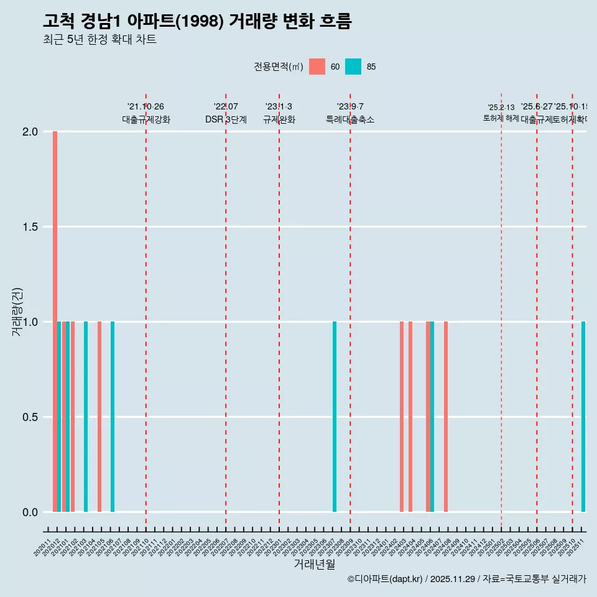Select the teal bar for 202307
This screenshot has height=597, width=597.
coord(335,417)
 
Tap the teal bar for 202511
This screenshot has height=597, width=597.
coord(583,417)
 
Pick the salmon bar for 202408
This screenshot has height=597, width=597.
coord(446,417)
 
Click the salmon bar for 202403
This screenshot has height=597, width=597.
coord(402,417)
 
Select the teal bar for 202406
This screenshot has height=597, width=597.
coord(432,417)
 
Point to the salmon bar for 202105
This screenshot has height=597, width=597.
coord(99,417)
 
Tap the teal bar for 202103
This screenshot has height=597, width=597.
coord(86,417)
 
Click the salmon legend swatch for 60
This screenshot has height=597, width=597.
coord(317,67)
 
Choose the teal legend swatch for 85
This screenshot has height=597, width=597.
coord(353,67)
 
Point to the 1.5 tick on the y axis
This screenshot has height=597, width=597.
coord(30,227)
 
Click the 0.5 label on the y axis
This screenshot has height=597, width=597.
coord(30,417)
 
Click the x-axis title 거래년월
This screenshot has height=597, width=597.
coord(314,565)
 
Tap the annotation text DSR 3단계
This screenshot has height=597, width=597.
coord(226,120)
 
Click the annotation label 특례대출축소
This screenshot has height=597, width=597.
coord(350,120)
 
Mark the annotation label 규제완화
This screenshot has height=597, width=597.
coord(279,120)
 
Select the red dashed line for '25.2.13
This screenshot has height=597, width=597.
coord(501,311)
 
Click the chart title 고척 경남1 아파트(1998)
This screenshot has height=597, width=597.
coord(197,21)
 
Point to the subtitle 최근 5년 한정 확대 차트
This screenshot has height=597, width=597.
coord(99,40)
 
